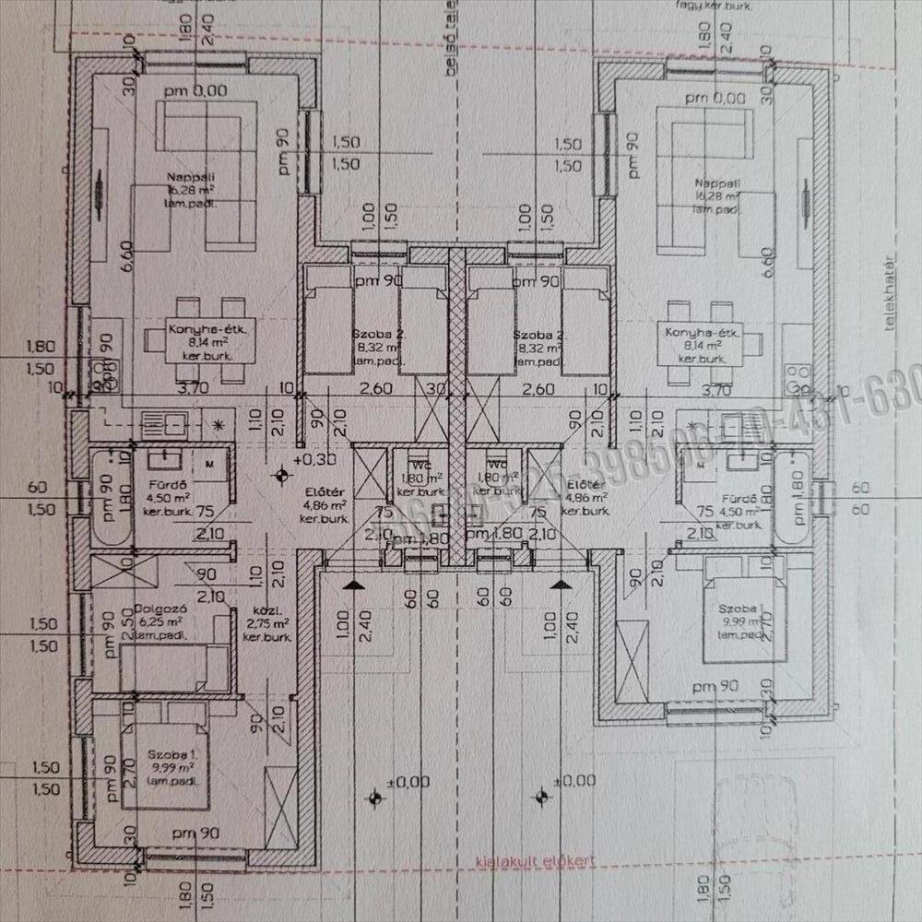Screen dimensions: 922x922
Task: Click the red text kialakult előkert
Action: [x=534, y=861]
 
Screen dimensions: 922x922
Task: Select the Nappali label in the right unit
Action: [x=716, y=183]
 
